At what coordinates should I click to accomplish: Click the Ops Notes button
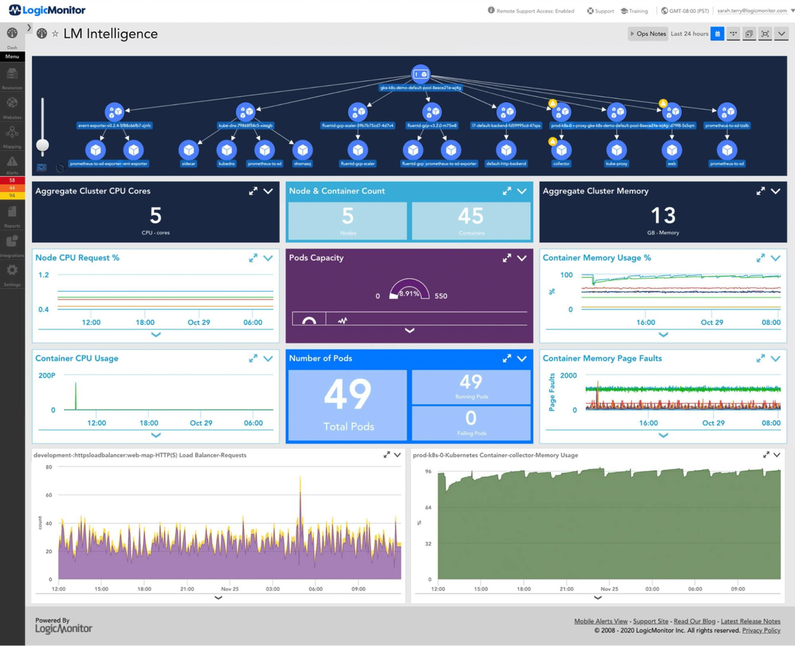click(x=648, y=33)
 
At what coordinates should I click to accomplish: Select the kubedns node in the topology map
click(x=227, y=151)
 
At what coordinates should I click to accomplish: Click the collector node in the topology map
click(x=561, y=151)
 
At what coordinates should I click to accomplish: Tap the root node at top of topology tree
click(x=420, y=74)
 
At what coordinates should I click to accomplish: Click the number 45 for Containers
click(x=471, y=216)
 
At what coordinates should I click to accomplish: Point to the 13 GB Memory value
click(x=663, y=216)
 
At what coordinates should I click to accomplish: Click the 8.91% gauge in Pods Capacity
click(x=409, y=293)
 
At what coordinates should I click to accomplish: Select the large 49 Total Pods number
click(x=348, y=395)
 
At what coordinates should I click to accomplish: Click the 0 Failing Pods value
click(x=471, y=418)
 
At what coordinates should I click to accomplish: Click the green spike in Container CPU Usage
click(x=76, y=395)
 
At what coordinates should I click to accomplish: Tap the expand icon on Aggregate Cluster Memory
click(x=760, y=191)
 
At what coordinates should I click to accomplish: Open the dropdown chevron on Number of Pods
click(x=522, y=359)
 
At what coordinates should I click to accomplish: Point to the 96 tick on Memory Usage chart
click(x=428, y=471)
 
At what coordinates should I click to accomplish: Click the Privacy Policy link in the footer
click(x=761, y=630)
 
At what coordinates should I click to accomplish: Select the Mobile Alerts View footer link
click(x=601, y=621)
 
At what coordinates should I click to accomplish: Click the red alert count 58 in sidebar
click(x=12, y=180)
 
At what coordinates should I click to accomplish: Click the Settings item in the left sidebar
click(x=12, y=274)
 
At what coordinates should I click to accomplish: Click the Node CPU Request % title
click(x=77, y=258)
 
